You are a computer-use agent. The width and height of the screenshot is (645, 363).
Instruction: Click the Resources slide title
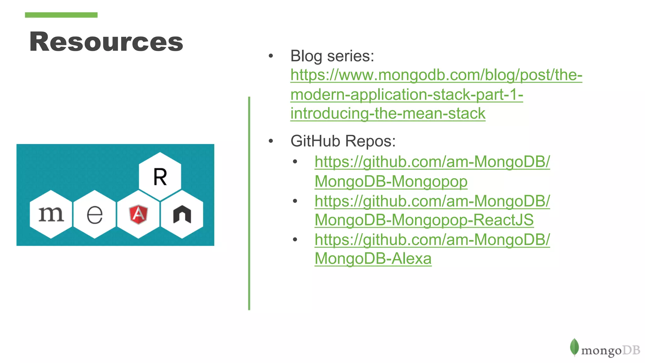pyautogui.click(x=106, y=42)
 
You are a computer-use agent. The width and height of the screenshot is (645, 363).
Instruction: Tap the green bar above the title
pyautogui.click(x=61, y=15)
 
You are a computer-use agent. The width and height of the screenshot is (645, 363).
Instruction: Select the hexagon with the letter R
pyautogui.click(x=160, y=176)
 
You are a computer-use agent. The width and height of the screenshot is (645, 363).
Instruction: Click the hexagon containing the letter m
pyautogui.click(x=51, y=214)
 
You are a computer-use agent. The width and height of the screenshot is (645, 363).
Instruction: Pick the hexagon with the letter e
pyautogui.click(x=94, y=214)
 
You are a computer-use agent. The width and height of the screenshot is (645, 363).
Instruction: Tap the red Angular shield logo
pyautogui.click(x=138, y=214)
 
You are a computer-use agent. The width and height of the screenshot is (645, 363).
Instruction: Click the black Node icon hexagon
pyautogui.click(x=182, y=214)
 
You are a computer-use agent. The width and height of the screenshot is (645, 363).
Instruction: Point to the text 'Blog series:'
pyautogui.click(x=332, y=56)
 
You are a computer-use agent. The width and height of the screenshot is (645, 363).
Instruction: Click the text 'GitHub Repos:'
pyautogui.click(x=343, y=141)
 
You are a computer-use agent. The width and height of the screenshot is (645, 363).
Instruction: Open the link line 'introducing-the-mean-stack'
pyautogui.click(x=388, y=113)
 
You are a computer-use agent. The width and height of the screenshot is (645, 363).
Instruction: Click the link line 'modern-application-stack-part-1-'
pyautogui.click(x=407, y=95)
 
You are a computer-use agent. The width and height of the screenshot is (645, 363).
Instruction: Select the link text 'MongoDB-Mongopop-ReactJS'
pyautogui.click(x=424, y=220)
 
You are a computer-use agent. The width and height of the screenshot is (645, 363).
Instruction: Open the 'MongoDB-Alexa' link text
pyautogui.click(x=373, y=259)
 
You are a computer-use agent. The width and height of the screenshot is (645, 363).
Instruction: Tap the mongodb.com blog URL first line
pyautogui.click(x=436, y=75)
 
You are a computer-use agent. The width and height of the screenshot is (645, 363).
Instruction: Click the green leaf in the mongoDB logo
pyautogui.click(x=574, y=347)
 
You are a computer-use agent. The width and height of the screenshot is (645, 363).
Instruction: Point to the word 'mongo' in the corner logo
pyautogui.click(x=601, y=351)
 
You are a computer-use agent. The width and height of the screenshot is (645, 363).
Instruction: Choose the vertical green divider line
pyautogui.click(x=249, y=203)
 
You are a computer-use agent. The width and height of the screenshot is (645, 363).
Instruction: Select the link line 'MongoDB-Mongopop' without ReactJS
pyautogui.click(x=391, y=181)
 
